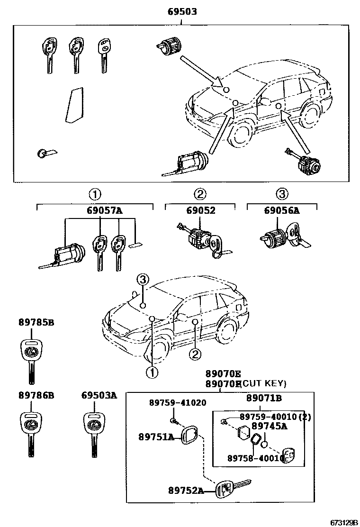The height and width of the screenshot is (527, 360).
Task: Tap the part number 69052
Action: tap(200, 212)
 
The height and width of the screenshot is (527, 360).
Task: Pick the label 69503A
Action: tap(99, 395)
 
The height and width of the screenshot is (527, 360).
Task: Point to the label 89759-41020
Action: tap(171, 403)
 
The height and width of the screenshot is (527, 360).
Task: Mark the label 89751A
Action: tap(156, 436)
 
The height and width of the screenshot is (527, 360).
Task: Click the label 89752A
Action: tap(185, 491)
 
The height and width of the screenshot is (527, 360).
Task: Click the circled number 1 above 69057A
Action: tap(94, 194)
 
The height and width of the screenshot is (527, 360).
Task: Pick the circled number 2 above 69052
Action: tap(200, 194)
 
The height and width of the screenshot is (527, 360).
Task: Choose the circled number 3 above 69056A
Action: tap(282, 194)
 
